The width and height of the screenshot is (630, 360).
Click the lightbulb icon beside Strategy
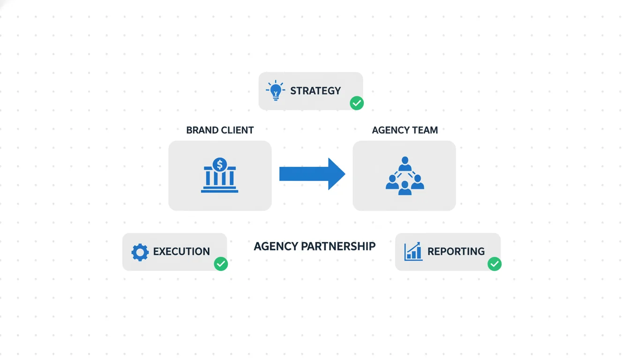275,90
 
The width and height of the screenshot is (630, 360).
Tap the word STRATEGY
315,91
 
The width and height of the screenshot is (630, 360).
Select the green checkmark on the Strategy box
357,103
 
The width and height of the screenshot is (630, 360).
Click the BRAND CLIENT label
220,130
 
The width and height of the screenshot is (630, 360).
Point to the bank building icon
219,176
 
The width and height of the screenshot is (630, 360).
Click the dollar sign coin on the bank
219,165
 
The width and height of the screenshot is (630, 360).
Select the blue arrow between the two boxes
312,174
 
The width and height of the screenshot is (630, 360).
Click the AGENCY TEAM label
405,130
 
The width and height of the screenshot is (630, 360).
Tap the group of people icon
405,176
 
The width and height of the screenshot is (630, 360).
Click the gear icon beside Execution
140,252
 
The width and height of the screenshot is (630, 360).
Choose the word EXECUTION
181,252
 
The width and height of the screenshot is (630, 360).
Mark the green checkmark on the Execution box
221,264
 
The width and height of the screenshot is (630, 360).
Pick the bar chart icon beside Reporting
413,252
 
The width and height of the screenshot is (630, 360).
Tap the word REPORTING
456,252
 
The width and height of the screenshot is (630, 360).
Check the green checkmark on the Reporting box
494,264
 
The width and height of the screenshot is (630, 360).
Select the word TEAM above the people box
425,130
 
